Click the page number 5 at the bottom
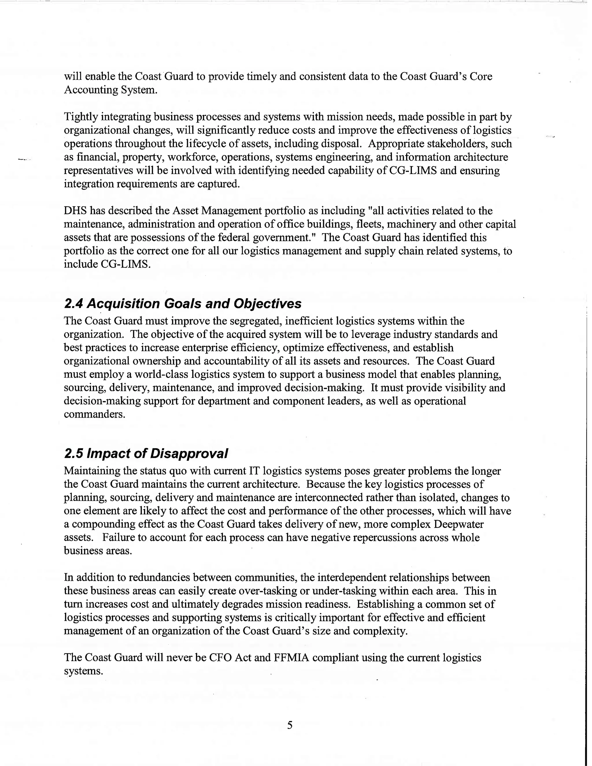click(x=290, y=725)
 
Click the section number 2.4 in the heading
click(x=74, y=304)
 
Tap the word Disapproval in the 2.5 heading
click(x=189, y=454)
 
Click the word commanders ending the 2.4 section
click(x=94, y=414)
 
